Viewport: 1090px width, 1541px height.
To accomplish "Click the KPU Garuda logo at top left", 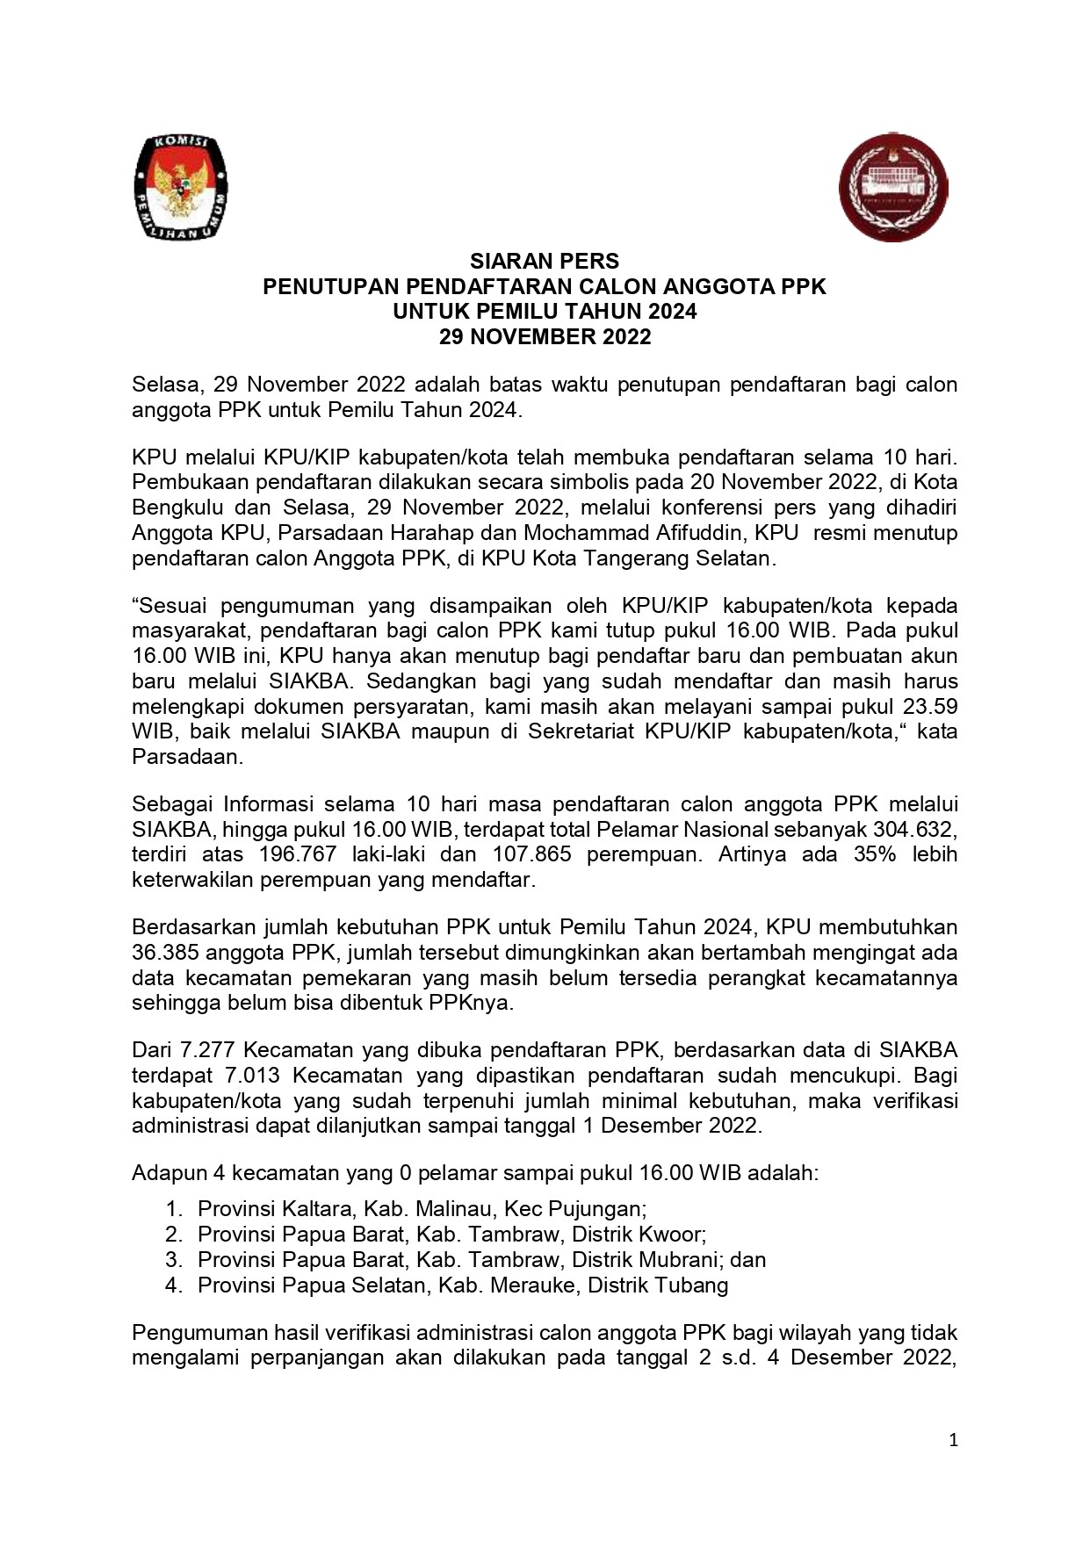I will [180, 188].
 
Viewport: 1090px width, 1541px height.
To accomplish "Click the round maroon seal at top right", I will [893, 187].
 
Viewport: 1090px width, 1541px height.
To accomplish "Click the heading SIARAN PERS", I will [545, 262].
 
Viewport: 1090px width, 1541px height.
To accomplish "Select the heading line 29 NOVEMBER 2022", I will [545, 337].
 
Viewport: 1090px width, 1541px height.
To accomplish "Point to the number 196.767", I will [298, 854].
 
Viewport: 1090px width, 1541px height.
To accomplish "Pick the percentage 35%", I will [875, 854].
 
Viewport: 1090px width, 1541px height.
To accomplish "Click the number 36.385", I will [170, 953].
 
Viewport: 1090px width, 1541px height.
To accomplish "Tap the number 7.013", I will [254, 1076].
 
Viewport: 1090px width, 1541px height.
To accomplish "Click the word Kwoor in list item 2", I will [673, 1235].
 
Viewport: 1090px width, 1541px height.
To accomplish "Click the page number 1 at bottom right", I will [954, 1440].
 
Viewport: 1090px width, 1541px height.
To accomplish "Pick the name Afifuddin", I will [699, 533].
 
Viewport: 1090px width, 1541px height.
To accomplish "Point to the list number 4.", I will [173, 1285].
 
